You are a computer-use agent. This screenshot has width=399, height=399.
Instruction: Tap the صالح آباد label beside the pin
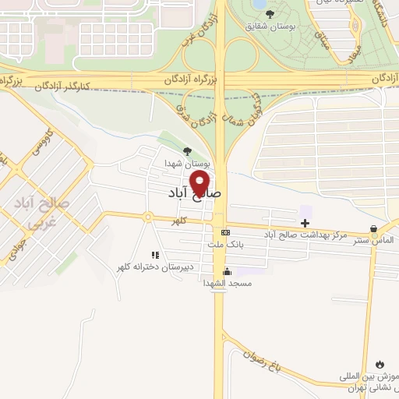point(196,191)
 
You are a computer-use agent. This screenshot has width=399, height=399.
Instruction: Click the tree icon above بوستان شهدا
point(186,151)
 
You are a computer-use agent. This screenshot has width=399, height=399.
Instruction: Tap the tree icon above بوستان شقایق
point(270,13)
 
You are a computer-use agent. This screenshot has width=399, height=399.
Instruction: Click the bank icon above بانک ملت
point(225,232)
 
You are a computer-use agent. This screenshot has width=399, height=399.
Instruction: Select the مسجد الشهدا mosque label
point(228,284)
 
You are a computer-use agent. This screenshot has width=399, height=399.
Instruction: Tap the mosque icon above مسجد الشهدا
point(227,271)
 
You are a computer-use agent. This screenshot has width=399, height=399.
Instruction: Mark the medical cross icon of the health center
point(305,224)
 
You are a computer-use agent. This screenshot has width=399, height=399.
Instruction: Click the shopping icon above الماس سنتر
point(374,229)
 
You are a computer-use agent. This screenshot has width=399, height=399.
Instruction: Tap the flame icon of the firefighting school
point(380,364)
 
